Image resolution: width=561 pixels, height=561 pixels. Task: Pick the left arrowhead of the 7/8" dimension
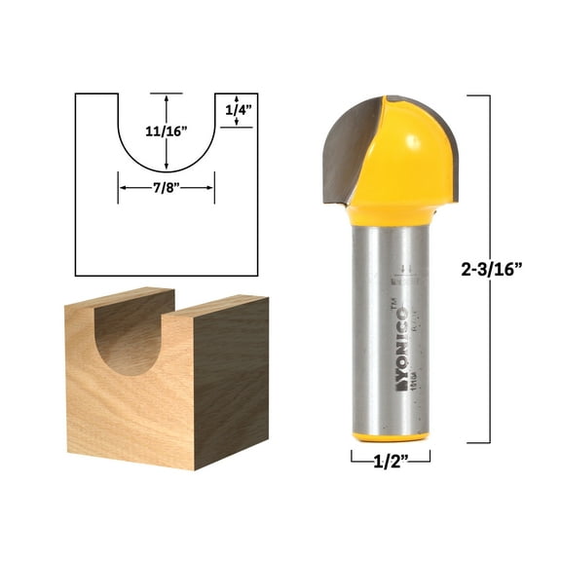pos(122,187)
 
